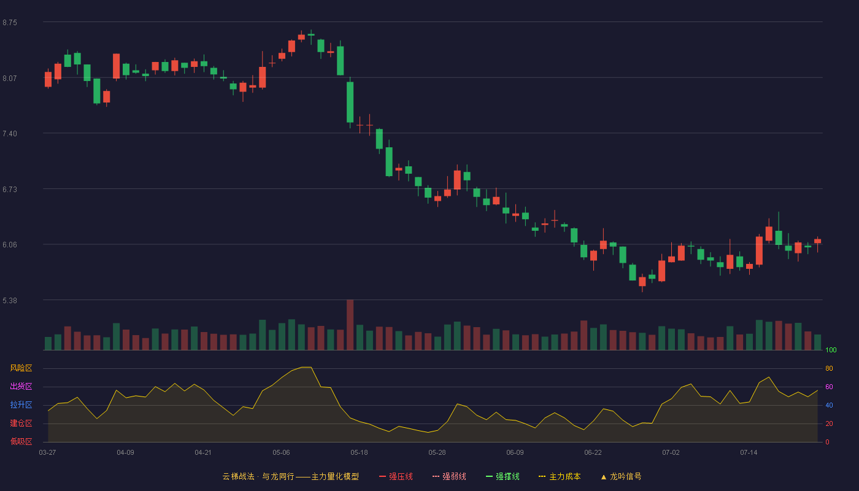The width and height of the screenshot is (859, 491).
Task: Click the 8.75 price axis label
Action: click(10, 23)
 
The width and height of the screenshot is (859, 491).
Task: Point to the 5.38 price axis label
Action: click(10, 300)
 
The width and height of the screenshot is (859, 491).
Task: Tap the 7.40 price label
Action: click(10, 134)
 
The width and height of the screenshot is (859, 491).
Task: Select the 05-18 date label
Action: click(359, 453)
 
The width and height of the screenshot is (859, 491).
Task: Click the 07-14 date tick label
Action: click(749, 453)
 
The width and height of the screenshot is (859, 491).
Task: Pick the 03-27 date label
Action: click(48, 453)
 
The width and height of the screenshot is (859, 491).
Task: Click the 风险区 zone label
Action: click(21, 368)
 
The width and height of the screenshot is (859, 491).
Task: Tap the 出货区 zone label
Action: click(21, 386)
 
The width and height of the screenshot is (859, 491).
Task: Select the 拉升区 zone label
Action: click(21, 404)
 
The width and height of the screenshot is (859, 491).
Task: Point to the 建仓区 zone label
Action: click(21, 423)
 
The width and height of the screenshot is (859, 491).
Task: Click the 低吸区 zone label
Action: click(21, 441)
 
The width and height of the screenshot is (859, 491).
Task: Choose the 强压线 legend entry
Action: click(396, 476)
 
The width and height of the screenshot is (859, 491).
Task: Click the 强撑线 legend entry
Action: click(503, 476)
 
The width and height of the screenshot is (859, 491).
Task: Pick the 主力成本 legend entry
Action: click(560, 476)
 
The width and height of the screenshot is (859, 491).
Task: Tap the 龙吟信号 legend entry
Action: click(621, 476)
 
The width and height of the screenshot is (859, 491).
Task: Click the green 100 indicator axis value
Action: click(831, 350)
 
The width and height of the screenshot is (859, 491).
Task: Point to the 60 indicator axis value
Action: click(829, 387)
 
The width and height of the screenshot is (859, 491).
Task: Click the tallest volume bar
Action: click(350, 325)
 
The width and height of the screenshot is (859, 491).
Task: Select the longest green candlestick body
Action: click(350, 102)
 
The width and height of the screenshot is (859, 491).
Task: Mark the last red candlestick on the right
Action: click(817, 241)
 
